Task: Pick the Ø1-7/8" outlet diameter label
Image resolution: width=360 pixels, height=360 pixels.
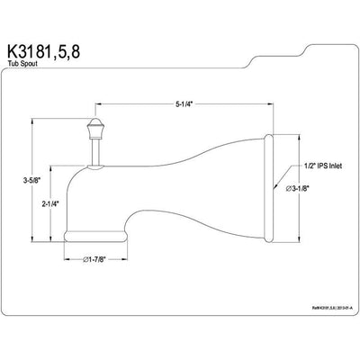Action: coord(97,261)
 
